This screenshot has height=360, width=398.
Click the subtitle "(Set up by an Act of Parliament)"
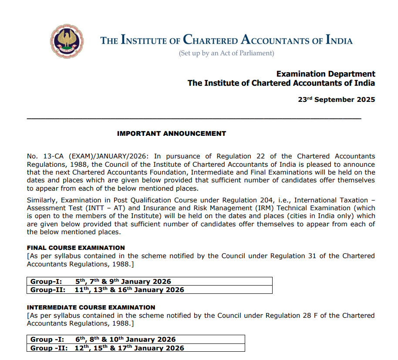(226, 53)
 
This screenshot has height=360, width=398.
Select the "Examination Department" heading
(326, 74)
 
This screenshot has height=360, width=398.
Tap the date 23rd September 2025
(336, 100)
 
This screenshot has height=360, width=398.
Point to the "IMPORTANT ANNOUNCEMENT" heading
(172, 134)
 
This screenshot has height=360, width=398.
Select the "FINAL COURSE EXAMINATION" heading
(76, 248)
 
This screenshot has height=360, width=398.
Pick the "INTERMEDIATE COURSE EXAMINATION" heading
(91, 307)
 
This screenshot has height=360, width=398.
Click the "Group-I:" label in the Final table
(46, 282)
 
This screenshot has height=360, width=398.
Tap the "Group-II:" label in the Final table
(48, 290)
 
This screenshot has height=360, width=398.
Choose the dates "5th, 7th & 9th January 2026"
(123, 282)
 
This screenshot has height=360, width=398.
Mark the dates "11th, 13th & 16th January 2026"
(129, 290)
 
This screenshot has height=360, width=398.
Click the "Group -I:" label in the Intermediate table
(47, 340)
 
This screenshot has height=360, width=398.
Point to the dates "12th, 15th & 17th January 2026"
(129, 348)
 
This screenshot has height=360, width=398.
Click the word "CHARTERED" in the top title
(210, 40)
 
